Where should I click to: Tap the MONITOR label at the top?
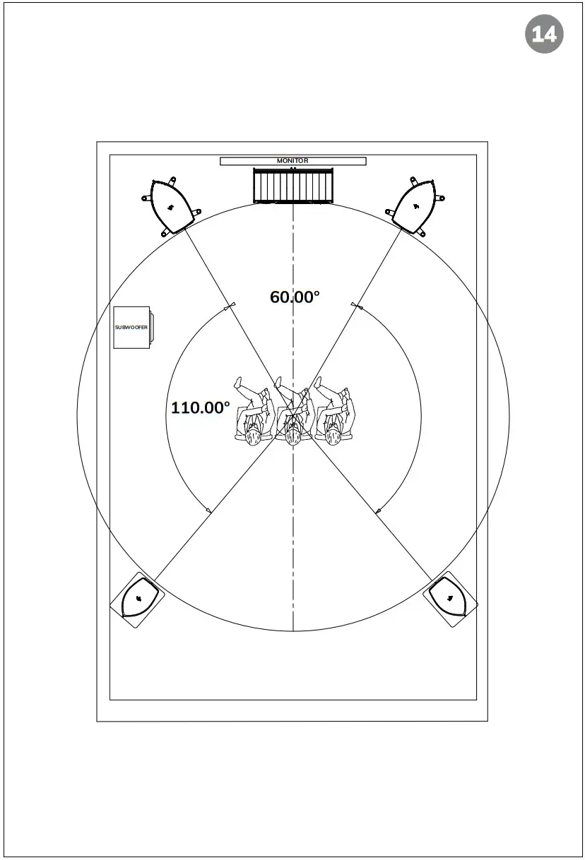pyautogui.click(x=292, y=161)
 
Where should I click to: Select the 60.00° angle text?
pyautogui.click(x=295, y=297)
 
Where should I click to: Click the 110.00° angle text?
pyautogui.click(x=201, y=407)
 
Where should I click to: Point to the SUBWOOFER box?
pyautogui.click(x=132, y=328)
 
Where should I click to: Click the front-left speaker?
pyautogui.click(x=170, y=205)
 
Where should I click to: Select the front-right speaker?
pyautogui.click(x=415, y=205)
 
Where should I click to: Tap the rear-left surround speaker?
pyautogui.click(x=137, y=599)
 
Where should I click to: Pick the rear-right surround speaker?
pyautogui.click(x=451, y=599)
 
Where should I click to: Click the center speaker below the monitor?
pyautogui.click(x=292, y=186)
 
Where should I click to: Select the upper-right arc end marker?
pyautogui.click(x=356, y=306)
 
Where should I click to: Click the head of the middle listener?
pyautogui.click(x=292, y=437)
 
